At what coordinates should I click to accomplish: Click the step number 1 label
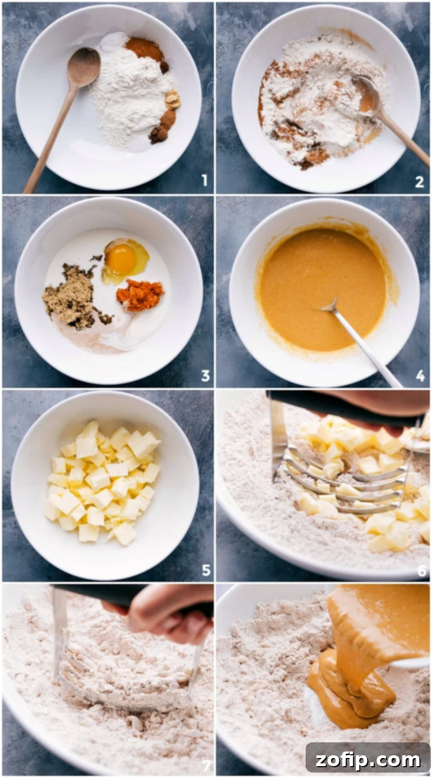(204, 180)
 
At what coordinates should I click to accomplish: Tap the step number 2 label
(419, 182)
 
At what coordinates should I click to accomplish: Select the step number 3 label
(205, 375)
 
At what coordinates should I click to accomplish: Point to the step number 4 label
(420, 375)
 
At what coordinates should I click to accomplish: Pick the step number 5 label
(205, 569)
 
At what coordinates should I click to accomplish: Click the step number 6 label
(422, 571)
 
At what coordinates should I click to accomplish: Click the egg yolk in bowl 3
(121, 259)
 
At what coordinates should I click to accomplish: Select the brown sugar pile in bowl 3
(69, 295)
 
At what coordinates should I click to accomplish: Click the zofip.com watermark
(368, 760)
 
